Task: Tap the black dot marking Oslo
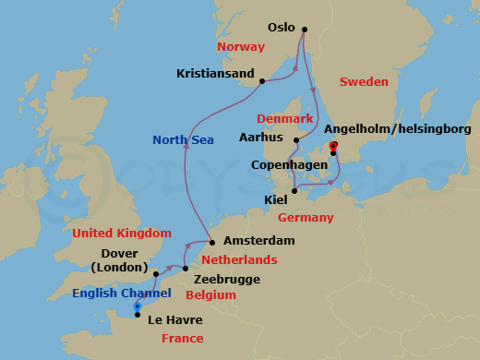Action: [304, 27]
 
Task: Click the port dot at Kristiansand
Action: [262, 81]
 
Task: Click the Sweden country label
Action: [364, 82]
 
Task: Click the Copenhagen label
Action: [290, 164]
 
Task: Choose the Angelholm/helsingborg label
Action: [397, 128]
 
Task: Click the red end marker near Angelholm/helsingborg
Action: [333, 145]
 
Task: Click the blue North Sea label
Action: [183, 140]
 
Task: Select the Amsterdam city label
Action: [260, 241]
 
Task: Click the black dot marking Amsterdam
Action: [213, 243]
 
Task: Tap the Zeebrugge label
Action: [227, 279]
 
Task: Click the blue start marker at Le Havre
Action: [138, 306]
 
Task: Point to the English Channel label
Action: [121, 294]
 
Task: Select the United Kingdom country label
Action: [121, 234]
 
